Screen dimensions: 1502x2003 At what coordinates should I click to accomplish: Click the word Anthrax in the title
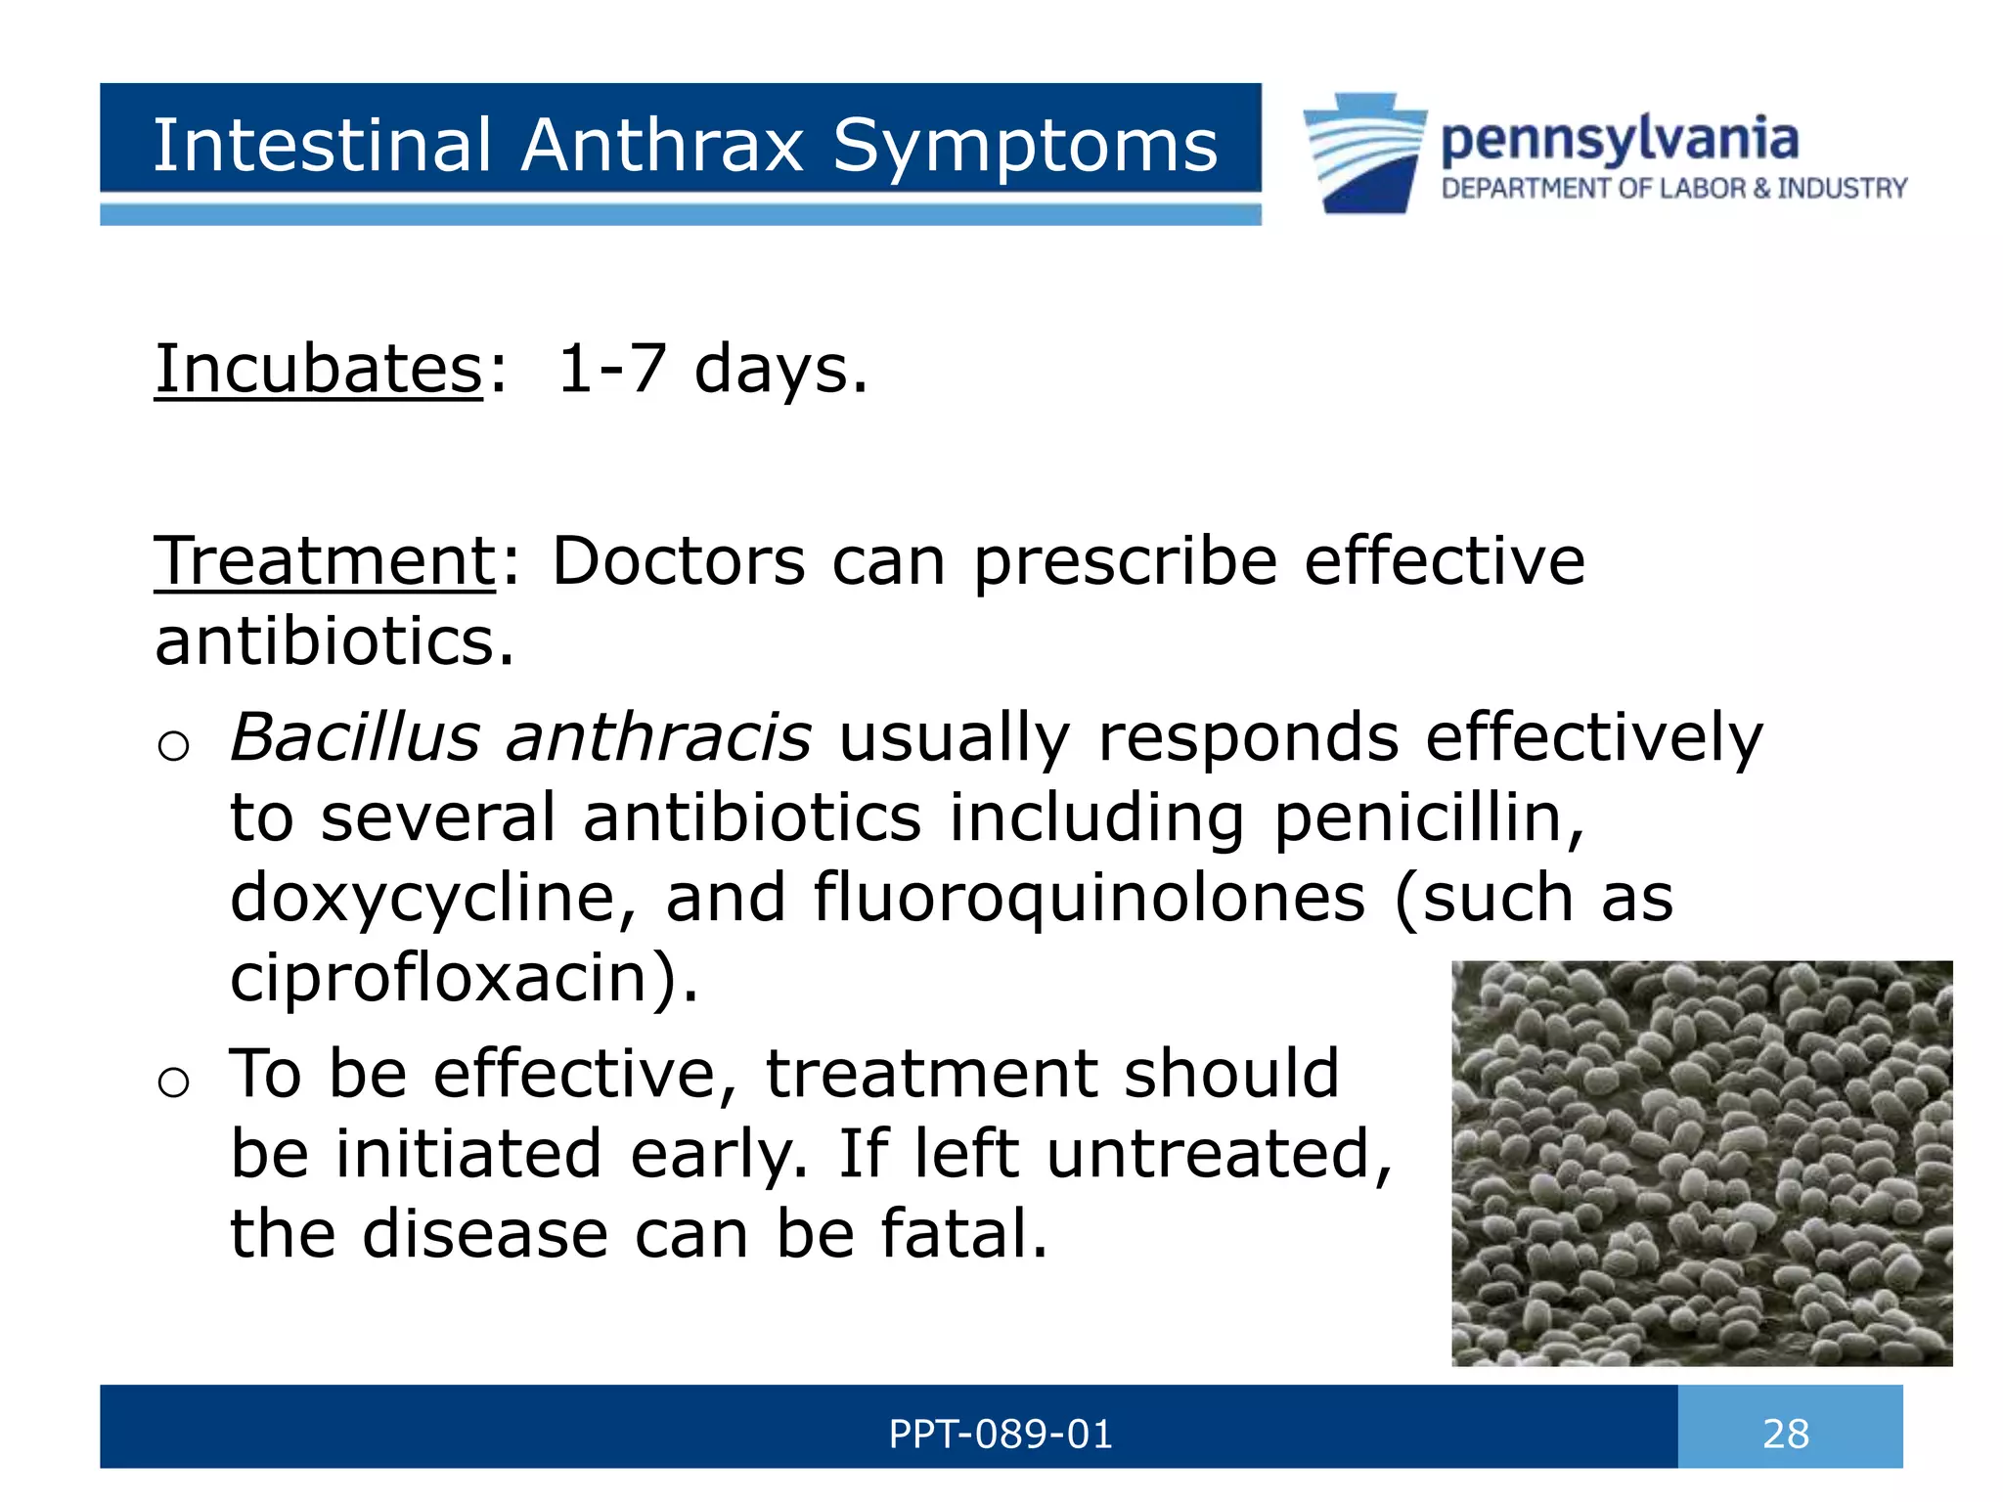click(x=661, y=146)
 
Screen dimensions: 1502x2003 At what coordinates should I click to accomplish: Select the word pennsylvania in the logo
click(x=1620, y=140)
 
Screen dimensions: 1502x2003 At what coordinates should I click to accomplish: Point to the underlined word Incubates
click(x=319, y=370)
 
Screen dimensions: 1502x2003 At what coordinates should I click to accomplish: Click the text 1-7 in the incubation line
click(x=611, y=370)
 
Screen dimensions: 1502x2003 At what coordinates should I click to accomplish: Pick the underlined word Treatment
click(x=326, y=561)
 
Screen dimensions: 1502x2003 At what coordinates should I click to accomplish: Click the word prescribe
click(x=1125, y=563)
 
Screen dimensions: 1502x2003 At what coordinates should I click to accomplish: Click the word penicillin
click(x=1428, y=817)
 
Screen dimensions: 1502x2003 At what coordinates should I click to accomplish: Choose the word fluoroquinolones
click(x=1089, y=897)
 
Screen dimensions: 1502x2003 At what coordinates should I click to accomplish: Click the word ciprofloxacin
click(x=450, y=977)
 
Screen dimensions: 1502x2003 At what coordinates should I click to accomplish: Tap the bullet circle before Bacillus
click(x=173, y=746)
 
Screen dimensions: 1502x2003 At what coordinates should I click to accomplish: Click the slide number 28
click(x=1786, y=1434)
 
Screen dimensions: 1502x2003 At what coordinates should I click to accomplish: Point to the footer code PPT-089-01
click(x=1001, y=1435)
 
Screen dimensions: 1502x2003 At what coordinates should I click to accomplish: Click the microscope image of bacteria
click(x=1702, y=1163)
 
